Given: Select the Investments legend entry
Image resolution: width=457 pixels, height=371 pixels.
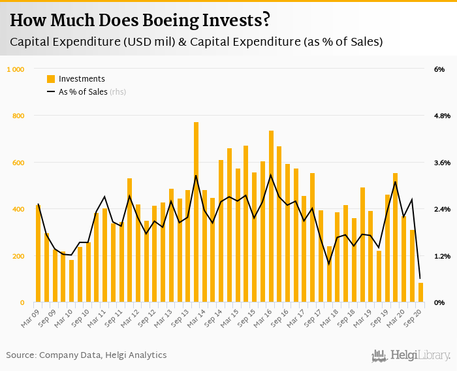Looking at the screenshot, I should click(x=81, y=79).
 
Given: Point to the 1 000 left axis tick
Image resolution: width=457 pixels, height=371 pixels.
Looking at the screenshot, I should click(x=15, y=69).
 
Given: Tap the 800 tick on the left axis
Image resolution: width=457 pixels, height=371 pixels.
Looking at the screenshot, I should click(x=18, y=116).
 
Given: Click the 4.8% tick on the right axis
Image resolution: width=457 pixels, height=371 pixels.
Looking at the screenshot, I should click(x=442, y=116).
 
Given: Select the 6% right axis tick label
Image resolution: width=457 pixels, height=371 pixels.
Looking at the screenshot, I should click(x=439, y=69).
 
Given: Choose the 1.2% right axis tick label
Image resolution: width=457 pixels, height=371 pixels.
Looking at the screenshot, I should click(x=442, y=256).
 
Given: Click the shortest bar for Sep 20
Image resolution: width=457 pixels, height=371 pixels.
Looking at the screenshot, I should click(x=420, y=293).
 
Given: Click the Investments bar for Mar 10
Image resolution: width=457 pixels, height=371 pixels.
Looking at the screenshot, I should click(x=71, y=281).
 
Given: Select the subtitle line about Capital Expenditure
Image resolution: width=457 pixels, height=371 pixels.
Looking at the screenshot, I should click(x=196, y=42).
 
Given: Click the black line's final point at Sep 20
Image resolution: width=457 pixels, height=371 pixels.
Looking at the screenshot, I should click(x=420, y=278).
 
